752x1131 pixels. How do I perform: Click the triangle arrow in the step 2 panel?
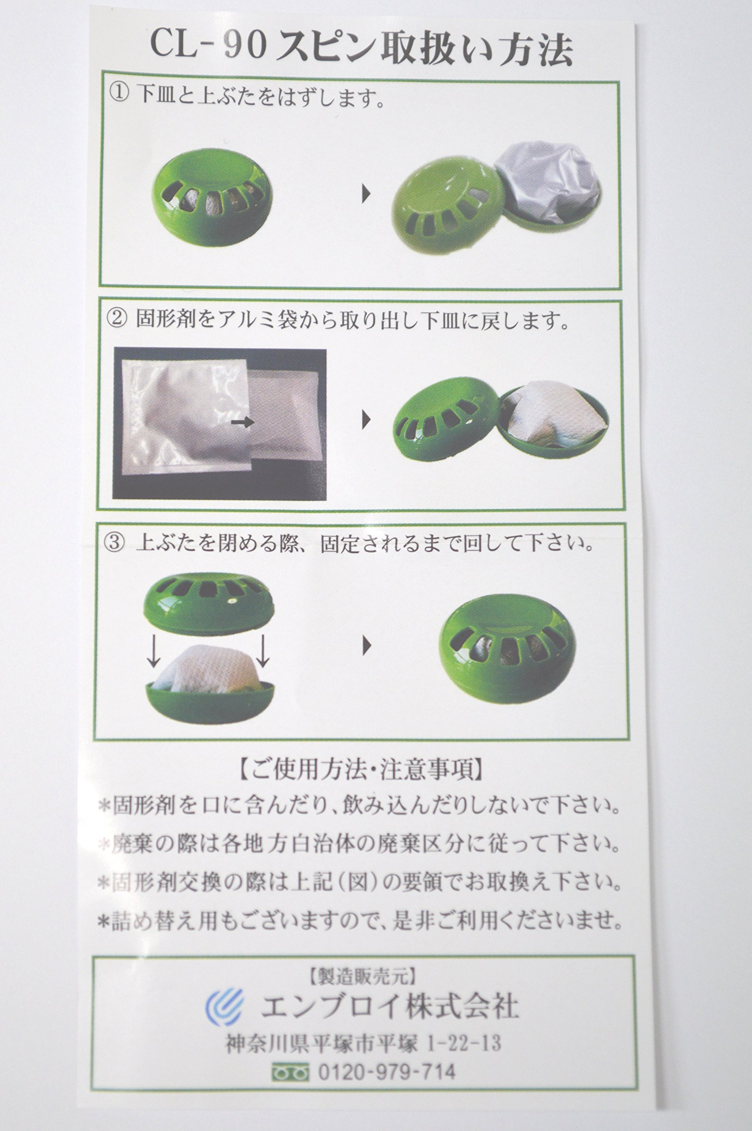click(x=367, y=421)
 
